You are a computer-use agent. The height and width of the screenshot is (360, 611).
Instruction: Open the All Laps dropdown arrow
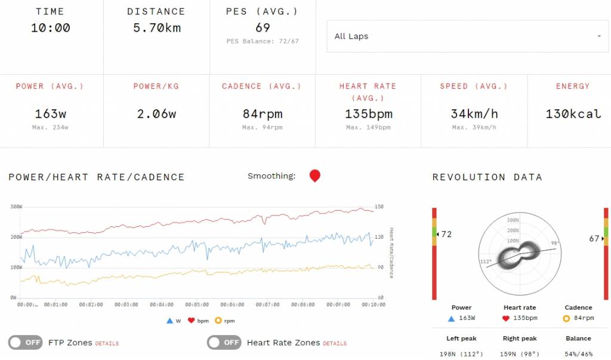599,36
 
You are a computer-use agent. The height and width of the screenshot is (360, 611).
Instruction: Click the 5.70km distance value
157,27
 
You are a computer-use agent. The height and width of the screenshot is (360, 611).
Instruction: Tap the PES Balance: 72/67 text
263,41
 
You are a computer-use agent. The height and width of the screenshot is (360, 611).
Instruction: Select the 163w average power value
50,114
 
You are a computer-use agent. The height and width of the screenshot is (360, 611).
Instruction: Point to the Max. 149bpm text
368,127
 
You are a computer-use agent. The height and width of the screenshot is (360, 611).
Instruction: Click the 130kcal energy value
573,114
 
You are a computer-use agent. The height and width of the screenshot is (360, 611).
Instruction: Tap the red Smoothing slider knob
315,176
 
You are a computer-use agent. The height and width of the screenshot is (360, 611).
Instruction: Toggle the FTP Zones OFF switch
25,343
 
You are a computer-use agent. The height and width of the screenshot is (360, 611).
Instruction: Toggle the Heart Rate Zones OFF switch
224,343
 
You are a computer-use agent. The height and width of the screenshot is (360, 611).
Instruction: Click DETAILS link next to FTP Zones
107,344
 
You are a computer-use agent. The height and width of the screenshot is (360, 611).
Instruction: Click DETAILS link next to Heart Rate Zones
335,344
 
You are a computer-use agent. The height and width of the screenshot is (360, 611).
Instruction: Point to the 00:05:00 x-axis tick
197,304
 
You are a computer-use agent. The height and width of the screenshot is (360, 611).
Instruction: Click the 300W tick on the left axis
16,207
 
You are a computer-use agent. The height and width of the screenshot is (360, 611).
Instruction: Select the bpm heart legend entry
198,321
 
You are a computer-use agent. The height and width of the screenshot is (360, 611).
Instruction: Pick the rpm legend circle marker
218,321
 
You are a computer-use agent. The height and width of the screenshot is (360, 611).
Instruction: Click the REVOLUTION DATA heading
487,177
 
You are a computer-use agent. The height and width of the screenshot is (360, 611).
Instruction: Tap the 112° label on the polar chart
486,261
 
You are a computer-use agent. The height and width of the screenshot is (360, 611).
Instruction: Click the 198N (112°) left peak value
461,354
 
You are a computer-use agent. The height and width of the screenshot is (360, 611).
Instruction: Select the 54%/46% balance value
578,354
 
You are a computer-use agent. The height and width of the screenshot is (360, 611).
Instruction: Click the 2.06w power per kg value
156,114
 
